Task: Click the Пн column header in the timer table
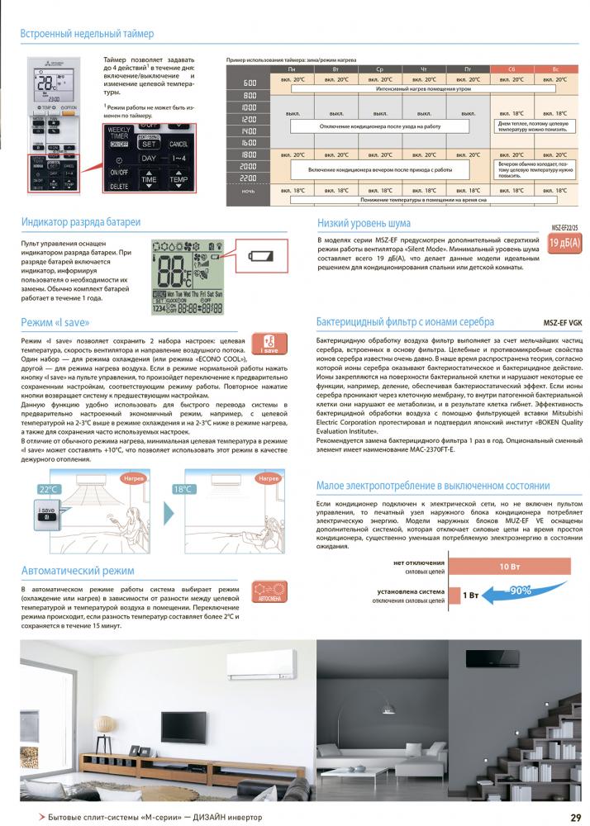click(291, 70)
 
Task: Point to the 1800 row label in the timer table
click(249, 154)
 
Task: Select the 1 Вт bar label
click(470, 595)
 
